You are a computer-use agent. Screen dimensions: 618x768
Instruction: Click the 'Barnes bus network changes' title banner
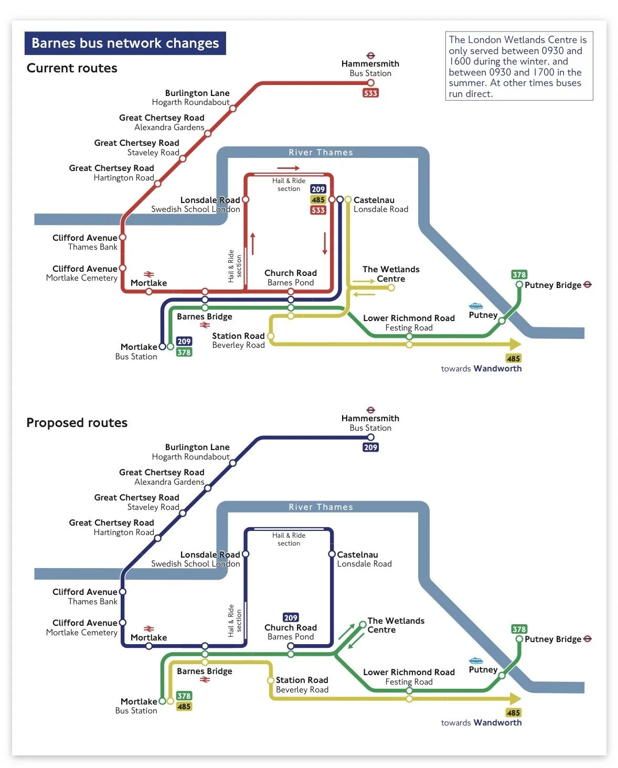(125, 43)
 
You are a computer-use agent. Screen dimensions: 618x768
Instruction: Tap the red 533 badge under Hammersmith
(370, 93)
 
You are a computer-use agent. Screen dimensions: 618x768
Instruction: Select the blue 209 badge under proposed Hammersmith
(370, 447)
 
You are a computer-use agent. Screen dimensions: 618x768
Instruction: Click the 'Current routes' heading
(72, 68)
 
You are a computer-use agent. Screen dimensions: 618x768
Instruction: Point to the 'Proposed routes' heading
(77, 422)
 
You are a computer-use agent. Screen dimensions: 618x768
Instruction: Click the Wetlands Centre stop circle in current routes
(391, 287)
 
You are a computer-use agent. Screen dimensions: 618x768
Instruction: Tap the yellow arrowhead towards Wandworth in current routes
(515, 344)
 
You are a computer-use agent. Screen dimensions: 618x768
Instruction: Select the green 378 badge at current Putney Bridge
(519, 274)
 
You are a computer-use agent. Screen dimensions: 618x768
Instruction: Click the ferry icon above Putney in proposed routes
(475, 660)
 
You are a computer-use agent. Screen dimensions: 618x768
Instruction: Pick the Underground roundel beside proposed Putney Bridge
(587, 639)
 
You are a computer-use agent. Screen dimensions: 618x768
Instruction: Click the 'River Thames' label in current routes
(321, 152)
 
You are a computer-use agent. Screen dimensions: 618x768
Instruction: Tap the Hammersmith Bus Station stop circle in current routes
(370, 83)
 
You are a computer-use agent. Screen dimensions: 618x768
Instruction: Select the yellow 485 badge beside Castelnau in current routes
(318, 200)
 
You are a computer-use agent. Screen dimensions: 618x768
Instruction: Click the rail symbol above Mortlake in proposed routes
(148, 629)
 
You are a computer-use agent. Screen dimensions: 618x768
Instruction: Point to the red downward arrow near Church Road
(325, 243)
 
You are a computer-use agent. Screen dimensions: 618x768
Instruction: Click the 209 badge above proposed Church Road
(290, 617)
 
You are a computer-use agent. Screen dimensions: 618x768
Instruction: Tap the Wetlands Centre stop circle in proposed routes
(363, 624)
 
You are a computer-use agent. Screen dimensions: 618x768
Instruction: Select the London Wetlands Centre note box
(519, 66)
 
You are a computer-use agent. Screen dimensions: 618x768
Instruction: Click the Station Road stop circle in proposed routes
(271, 680)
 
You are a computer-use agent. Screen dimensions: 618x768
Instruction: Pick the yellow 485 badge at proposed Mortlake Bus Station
(184, 707)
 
